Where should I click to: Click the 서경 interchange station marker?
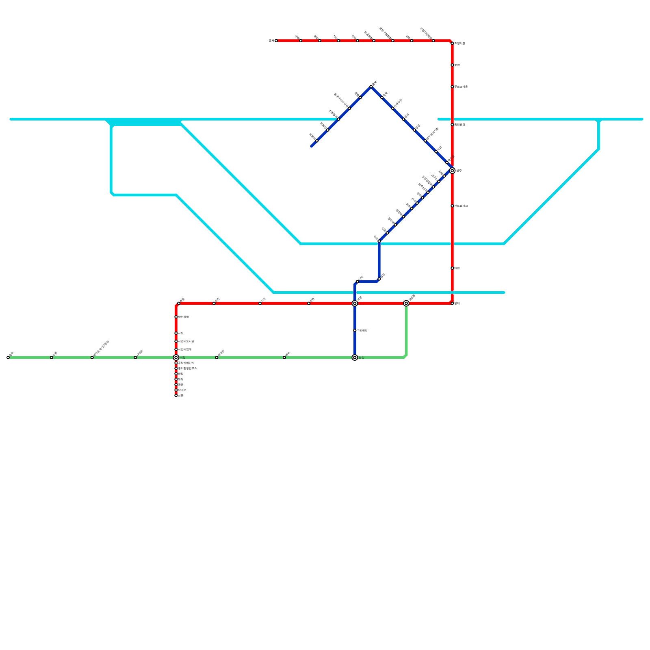176,357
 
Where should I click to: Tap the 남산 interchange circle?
355,357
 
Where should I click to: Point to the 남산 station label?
362,357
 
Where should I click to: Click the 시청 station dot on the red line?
176,333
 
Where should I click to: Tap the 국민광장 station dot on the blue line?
355,330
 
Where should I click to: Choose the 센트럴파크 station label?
461,206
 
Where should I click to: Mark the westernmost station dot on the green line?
8,357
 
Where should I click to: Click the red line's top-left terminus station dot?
276,41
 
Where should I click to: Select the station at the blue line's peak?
371,87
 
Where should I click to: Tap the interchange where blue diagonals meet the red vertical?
452,171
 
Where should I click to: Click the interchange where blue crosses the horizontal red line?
355,303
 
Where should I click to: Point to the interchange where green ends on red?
406,303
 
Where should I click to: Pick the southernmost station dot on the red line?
176,395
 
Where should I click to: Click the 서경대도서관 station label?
186,341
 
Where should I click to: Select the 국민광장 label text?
362,330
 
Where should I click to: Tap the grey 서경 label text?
183,357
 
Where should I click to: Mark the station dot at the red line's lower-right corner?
452,303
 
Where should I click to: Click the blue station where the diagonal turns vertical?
379,241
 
